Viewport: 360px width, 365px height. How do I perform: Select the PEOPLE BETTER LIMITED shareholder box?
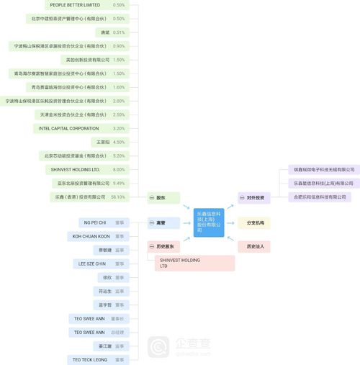tap(75, 5)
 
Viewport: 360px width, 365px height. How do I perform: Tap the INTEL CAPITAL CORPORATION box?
tap(74, 128)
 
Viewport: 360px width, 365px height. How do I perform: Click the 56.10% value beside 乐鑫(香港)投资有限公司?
tap(118, 197)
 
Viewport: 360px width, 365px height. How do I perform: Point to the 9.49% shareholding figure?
tap(119, 183)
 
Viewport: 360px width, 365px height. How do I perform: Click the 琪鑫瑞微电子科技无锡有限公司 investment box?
tap(324, 170)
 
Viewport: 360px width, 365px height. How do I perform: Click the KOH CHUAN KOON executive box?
tap(91, 236)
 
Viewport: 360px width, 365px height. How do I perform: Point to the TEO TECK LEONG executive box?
tap(90, 359)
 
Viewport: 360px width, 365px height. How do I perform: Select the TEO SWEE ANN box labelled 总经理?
tap(89, 332)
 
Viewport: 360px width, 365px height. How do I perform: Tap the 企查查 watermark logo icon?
tap(158, 348)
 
